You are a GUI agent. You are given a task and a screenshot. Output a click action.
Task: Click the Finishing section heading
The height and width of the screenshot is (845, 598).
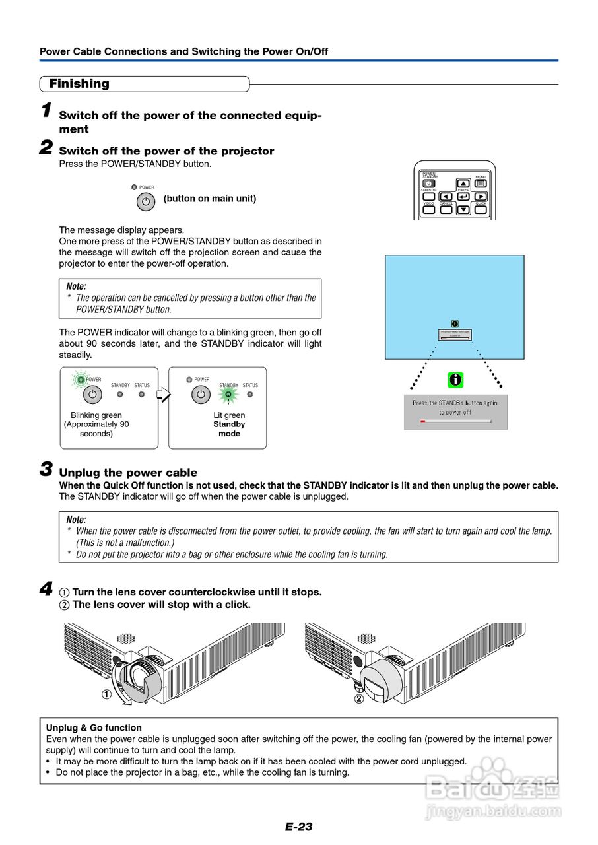pos(79,84)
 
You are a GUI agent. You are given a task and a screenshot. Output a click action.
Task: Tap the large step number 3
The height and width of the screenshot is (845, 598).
pos(46,469)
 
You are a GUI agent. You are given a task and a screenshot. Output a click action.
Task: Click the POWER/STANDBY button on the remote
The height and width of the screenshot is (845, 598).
pos(429,184)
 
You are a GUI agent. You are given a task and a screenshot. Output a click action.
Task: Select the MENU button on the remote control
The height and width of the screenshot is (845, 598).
pos(481,184)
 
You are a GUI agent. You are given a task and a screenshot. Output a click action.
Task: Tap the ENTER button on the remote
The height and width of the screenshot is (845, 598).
pos(463,196)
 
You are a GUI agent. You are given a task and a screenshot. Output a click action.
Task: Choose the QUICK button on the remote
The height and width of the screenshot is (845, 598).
pos(481,209)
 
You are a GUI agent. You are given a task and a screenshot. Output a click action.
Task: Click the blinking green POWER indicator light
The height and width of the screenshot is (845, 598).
pos(81,380)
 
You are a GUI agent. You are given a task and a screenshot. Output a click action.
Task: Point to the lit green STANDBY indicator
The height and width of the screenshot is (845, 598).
pos(228,395)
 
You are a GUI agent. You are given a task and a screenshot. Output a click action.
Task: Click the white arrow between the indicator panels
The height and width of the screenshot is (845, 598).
pos(163,395)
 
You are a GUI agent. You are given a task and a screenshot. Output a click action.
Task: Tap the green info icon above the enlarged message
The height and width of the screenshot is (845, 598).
pos(455,380)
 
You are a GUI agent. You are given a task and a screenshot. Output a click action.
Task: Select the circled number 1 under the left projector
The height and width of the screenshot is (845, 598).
pos(106,694)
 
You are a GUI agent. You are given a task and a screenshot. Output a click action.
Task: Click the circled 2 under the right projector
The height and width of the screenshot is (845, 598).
pos(359,699)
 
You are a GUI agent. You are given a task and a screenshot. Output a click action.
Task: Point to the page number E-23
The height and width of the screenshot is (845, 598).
pos(299,827)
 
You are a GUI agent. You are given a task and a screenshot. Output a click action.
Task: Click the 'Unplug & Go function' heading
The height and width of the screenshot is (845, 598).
pos(94,728)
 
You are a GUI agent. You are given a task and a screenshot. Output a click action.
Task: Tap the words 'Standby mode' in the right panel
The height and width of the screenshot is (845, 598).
pos(229,429)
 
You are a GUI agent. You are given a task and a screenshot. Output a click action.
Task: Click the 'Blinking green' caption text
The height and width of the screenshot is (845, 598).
pos(96,415)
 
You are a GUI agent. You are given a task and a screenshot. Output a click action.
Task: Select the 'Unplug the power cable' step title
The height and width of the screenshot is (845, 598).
pos(128,473)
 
